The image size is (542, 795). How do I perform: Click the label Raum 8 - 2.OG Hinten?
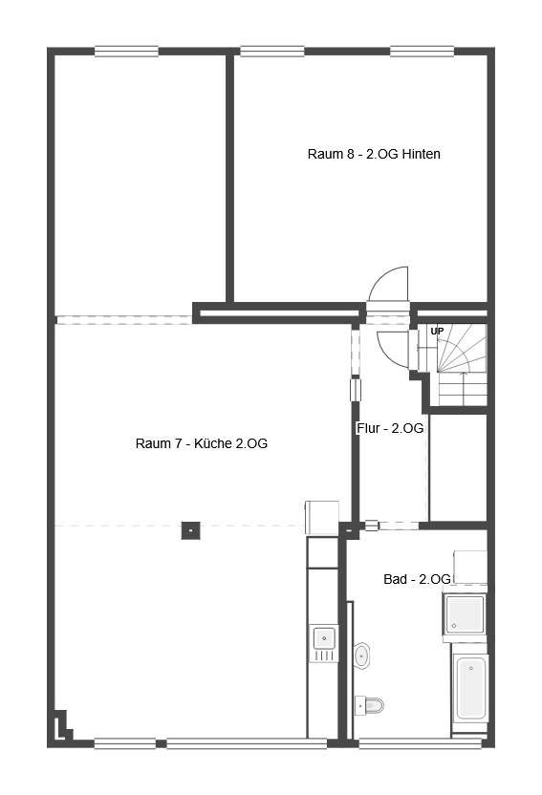pyautogui.click(x=374, y=154)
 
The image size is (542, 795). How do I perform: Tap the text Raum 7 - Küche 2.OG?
pyautogui.click(x=202, y=443)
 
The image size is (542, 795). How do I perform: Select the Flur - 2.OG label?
pyautogui.click(x=390, y=428)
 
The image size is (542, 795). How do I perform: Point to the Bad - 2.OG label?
pyautogui.click(x=417, y=579)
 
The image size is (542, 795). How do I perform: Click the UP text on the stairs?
pyautogui.click(x=437, y=331)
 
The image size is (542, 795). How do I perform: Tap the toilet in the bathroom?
pyautogui.click(x=369, y=705)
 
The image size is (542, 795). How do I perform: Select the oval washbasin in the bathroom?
pyautogui.click(x=361, y=656)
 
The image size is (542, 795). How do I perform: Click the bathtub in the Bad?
pyautogui.click(x=470, y=688)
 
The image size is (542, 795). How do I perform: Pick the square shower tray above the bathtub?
pyautogui.click(x=465, y=614)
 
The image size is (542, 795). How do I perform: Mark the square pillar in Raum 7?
pyautogui.click(x=190, y=530)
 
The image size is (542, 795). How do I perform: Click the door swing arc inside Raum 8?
pyautogui.click(x=388, y=284)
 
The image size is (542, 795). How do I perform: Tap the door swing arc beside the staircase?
pyautogui.click(x=392, y=350)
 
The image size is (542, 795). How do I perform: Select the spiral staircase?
pyautogui.click(x=452, y=364)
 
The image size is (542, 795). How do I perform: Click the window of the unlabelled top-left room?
pyautogui.click(x=126, y=52)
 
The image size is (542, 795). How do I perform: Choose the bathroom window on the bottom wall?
pyautogui.click(x=420, y=743)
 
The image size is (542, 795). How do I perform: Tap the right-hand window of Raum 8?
pyautogui.click(x=422, y=52)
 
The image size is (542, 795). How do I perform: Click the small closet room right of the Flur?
pyautogui.click(x=458, y=467)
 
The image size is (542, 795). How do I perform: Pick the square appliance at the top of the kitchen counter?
pyautogui.click(x=322, y=518)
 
